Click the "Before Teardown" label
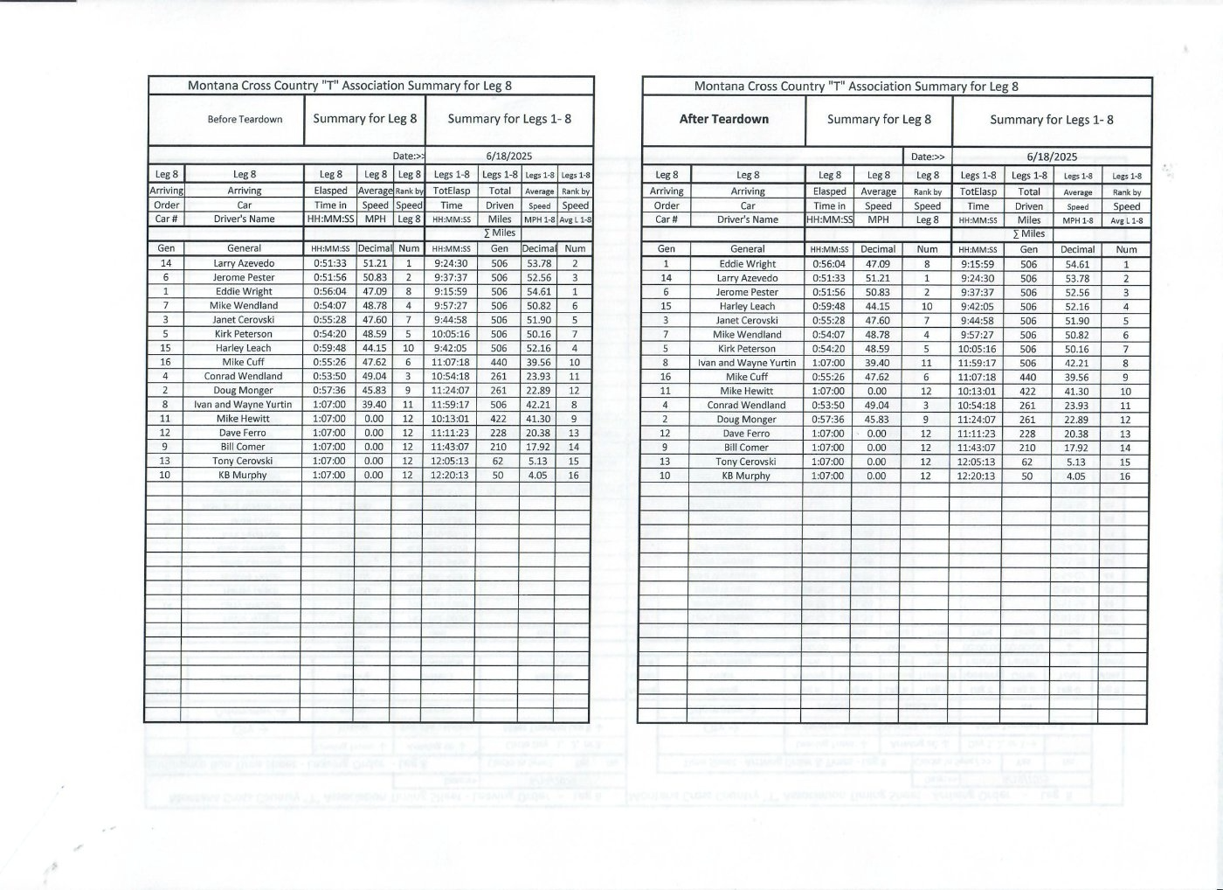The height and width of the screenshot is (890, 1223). click(245, 119)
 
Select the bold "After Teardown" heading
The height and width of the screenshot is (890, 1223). click(723, 119)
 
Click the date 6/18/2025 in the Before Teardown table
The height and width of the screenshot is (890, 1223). click(509, 156)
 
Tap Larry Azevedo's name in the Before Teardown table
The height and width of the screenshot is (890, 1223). click(244, 263)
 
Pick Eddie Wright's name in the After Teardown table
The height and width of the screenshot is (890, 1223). click(748, 264)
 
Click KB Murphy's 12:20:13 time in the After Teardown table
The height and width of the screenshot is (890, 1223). click(978, 476)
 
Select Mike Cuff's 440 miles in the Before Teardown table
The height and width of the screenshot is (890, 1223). click(499, 362)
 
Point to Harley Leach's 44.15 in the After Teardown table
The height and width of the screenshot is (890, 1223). click(877, 306)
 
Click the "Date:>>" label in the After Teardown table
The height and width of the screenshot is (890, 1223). click(928, 157)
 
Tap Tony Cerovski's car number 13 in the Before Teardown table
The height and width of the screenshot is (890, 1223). click(165, 461)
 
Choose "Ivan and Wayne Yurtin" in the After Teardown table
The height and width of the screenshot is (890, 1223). click(748, 363)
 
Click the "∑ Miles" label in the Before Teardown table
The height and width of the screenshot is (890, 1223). click(500, 233)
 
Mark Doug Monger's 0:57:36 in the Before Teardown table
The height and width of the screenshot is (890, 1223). click(329, 391)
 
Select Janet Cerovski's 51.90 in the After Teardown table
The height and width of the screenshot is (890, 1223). click(1077, 321)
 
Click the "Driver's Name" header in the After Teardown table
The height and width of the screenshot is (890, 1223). click(748, 219)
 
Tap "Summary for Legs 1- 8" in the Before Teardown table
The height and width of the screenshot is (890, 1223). click(509, 119)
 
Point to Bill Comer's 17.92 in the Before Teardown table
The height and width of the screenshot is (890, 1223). click(538, 447)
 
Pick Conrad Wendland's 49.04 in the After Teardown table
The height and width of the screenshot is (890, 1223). click(877, 406)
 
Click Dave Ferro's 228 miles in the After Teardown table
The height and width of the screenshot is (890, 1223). click(1028, 434)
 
